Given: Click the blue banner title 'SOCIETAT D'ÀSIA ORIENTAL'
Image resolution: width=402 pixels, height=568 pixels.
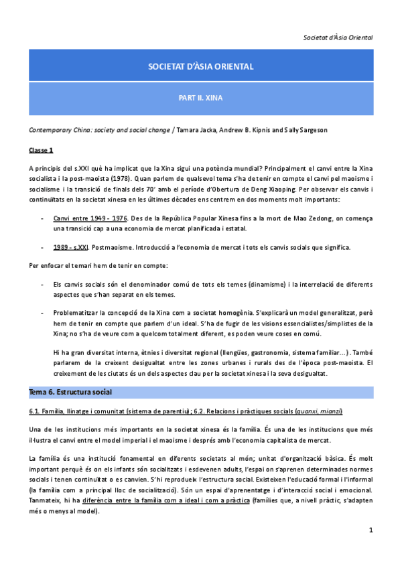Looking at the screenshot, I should [200, 67].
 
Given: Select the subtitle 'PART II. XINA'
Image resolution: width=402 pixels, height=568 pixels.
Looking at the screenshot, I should [200, 97].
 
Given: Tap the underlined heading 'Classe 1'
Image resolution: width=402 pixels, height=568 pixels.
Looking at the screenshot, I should [42, 150].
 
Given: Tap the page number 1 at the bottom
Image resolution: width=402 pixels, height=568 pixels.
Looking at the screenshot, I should [371, 530].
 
